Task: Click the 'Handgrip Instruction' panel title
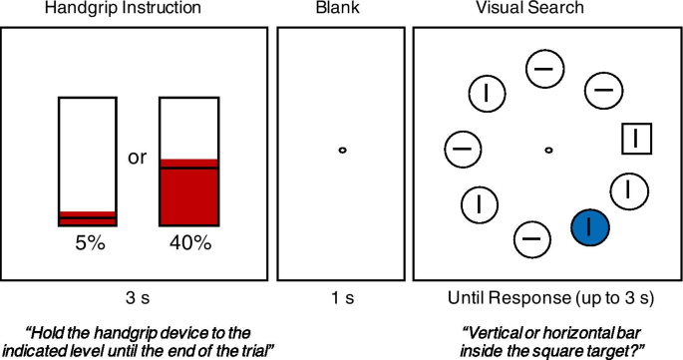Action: tap(136, 10)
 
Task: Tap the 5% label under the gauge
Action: tap(88, 243)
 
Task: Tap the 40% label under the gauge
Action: tap(189, 243)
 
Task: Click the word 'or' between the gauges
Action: tap(138, 159)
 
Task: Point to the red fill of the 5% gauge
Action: tap(88, 219)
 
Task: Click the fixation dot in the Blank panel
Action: tap(341, 151)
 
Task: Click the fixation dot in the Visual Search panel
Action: tap(548, 151)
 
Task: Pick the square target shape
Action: tap(636, 140)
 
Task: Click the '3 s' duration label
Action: tap(136, 298)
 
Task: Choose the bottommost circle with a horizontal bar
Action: tap(531, 239)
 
